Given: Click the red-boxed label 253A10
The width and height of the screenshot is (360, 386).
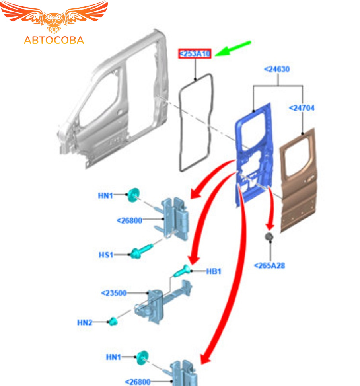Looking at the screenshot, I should coord(195,54).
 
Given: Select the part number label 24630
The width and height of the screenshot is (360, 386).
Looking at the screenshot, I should coord(277,69).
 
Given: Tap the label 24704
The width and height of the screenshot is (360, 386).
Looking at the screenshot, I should coord(302,108).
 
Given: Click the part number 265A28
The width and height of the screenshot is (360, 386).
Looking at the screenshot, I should coord(269,265).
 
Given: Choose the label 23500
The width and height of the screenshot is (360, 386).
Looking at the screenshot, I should coord(114,293).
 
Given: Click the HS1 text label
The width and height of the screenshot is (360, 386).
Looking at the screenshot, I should coord(106,254).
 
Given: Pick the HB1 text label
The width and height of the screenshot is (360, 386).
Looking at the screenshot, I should coord(214,271).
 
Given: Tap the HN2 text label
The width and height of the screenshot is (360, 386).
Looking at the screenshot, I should coord(84,322).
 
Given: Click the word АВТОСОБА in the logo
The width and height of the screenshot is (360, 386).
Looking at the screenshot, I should coord(54,40).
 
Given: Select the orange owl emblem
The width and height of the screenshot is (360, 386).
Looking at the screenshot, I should coord(54,18).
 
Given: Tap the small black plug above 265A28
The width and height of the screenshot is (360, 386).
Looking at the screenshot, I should coord(269,237).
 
